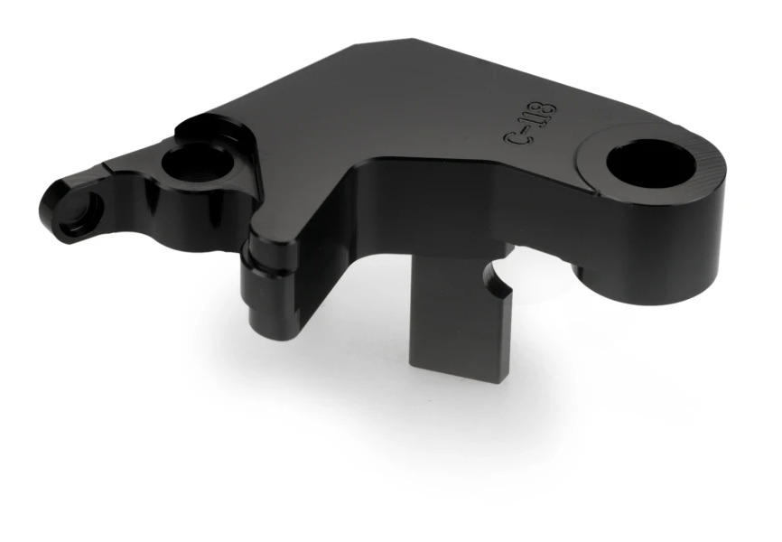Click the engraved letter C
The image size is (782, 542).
[x=515, y=138]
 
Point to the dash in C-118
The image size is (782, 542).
[x=524, y=129]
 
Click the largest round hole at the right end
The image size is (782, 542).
[x=651, y=164]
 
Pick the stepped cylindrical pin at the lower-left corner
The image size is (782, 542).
[x=269, y=285]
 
